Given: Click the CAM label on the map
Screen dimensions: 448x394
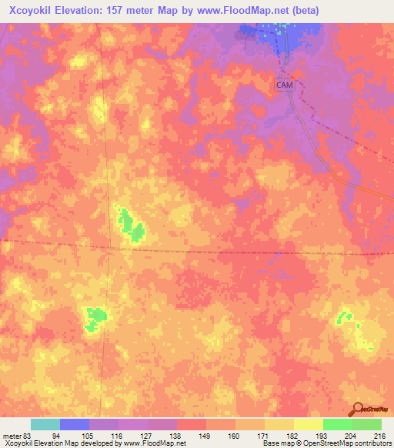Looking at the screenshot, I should [285, 85].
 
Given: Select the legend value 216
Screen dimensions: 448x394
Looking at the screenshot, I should [379, 435].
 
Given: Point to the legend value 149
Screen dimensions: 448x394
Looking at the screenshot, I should [204, 435].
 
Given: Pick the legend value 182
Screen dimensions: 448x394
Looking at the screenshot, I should [292, 435].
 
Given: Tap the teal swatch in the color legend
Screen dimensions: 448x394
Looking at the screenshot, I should [45, 424].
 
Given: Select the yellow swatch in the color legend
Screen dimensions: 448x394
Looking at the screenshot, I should [308, 424].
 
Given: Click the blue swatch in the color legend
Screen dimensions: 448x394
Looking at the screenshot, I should [75, 424].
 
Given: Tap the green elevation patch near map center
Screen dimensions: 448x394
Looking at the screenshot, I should [131, 226].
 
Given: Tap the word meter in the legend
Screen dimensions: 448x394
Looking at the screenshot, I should [12, 435].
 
